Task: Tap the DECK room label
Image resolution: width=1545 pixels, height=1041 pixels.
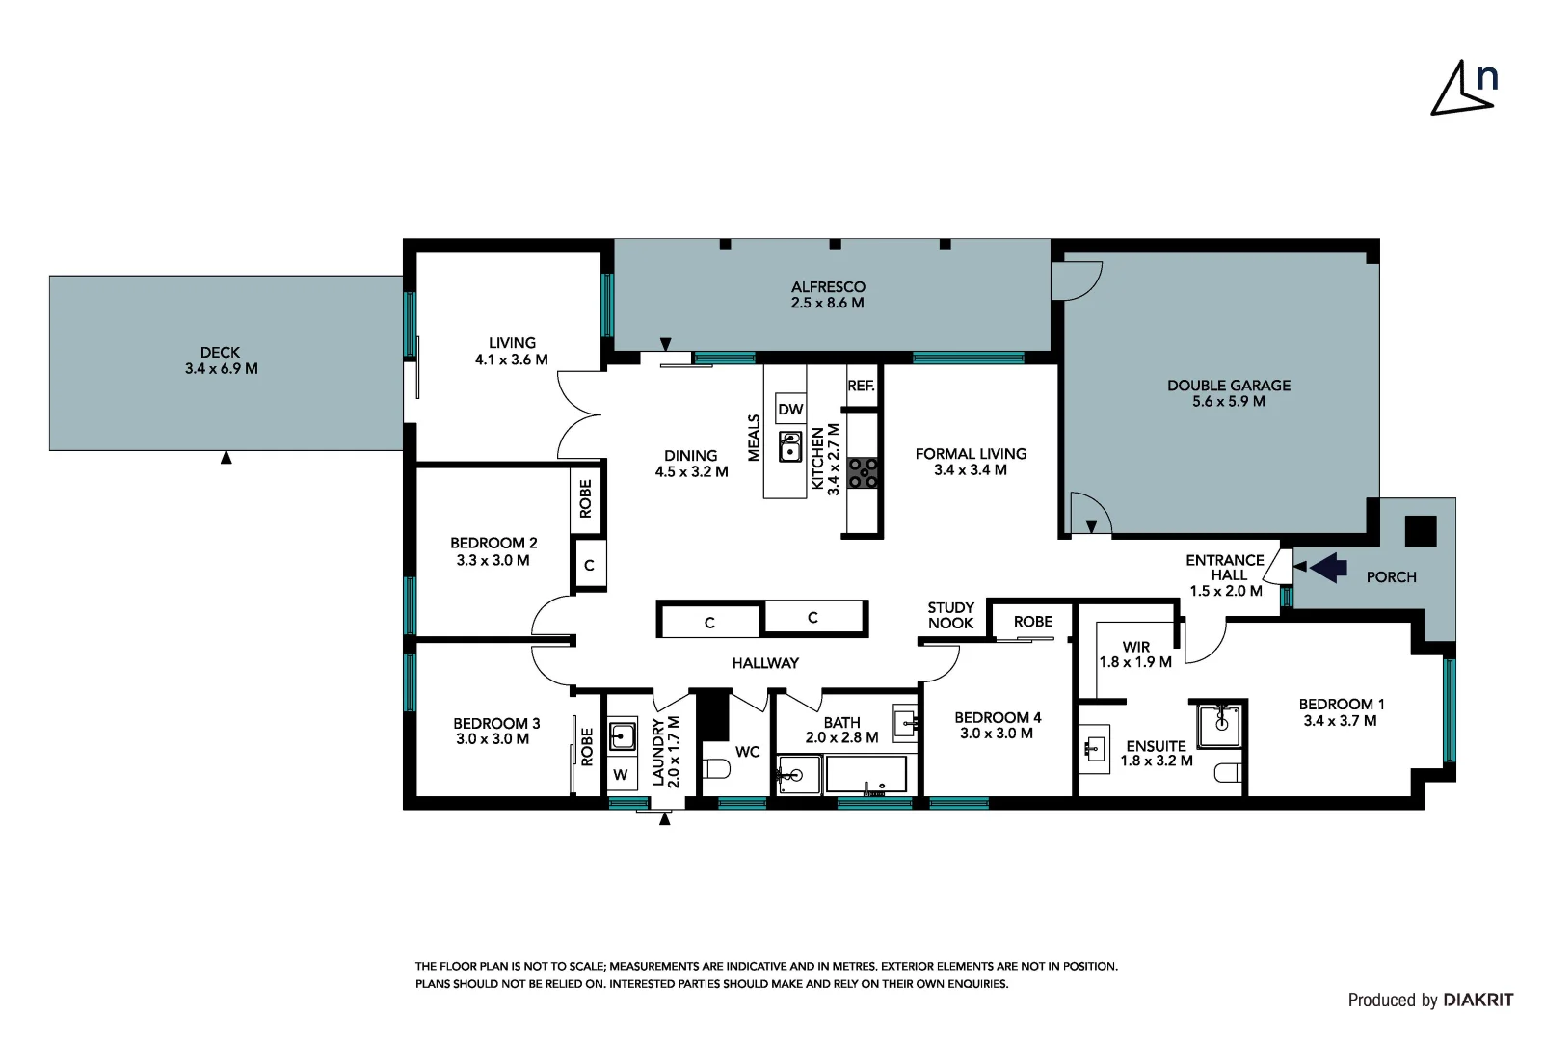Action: (221, 353)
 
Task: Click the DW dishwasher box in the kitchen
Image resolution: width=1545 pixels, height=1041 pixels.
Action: (790, 409)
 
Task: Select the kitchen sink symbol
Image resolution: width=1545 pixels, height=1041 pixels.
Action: (790, 447)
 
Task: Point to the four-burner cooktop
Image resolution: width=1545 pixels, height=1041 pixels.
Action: (863, 472)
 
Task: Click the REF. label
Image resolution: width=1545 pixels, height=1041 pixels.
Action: (861, 386)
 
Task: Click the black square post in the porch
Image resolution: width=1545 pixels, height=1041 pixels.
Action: (1420, 531)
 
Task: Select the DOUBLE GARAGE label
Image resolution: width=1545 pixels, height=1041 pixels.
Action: (1229, 386)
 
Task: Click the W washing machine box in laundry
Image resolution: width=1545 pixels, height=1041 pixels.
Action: (621, 774)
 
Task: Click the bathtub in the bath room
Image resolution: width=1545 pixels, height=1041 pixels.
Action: (866, 775)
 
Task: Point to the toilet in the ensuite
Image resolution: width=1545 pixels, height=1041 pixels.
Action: (1228, 773)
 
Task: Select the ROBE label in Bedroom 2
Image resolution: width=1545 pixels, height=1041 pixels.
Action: (586, 499)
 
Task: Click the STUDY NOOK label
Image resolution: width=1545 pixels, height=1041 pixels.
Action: (950, 615)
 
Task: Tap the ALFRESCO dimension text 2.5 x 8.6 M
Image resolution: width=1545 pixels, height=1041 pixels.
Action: (827, 303)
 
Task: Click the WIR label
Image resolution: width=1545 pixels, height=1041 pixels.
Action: (1136, 647)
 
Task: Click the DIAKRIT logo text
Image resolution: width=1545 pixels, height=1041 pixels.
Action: (1478, 1000)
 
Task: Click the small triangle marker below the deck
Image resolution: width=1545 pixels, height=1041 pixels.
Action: (226, 458)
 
